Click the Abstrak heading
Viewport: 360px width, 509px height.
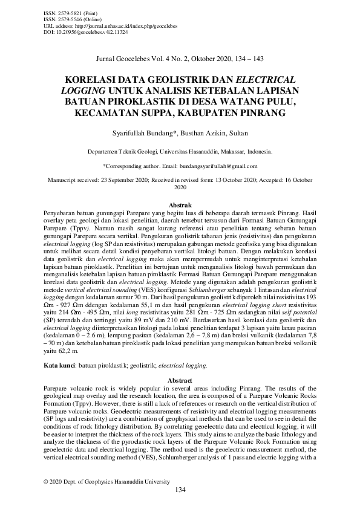[180, 206]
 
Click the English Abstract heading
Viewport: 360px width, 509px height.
[180, 378]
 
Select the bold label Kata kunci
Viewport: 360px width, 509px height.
[59, 365]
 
